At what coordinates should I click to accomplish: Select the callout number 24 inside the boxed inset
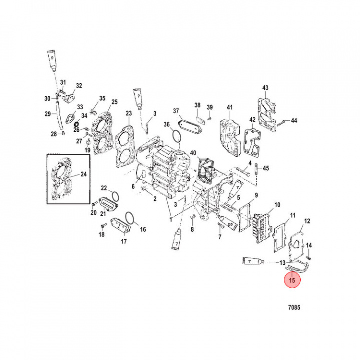[83, 175]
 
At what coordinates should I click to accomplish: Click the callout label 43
[265, 88]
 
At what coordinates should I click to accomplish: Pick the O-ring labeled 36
[174, 135]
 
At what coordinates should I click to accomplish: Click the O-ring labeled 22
[113, 195]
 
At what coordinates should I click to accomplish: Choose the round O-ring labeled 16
[129, 218]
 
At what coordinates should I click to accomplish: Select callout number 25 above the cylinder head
[114, 102]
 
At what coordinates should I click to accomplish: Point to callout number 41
[230, 107]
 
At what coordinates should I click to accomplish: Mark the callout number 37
[176, 110]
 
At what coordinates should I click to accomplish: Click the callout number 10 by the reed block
[277, 205]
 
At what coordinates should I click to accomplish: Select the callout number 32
[79, 86]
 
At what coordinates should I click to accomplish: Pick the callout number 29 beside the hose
[47, 114]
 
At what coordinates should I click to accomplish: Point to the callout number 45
[266, 168]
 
